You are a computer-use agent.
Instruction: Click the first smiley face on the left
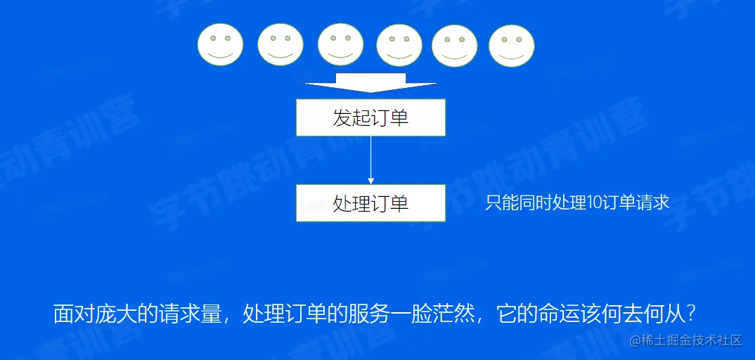click(220, 45)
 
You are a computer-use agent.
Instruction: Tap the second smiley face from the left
click(280, 45)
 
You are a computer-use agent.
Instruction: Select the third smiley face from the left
click(340, 45)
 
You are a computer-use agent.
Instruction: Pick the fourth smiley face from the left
click(399, 45)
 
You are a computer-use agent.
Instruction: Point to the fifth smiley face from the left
click(455, 45)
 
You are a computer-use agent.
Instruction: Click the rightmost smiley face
click(511, 45)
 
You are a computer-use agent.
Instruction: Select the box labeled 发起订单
click(370, 117)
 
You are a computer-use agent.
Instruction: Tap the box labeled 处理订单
click(370, 203)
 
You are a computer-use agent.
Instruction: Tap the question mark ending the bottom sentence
click(690, 313)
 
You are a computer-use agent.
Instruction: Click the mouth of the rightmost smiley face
click(511, 54)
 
